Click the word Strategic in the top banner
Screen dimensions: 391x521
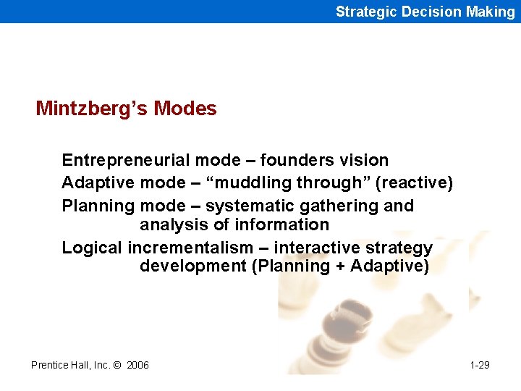pos(363,12)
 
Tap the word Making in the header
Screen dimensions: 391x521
pos(491,12)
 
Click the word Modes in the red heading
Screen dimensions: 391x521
pos(185,109)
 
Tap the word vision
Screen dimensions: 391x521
pos(368,160)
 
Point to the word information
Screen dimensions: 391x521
pos(284,224)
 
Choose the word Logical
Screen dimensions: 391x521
pos(92,248)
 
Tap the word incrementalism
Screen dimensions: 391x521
pos(190,248)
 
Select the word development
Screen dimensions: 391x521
pos(192,266)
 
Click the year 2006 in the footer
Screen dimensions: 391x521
pos(137,365)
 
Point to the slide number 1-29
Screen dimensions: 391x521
pos(479,365)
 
